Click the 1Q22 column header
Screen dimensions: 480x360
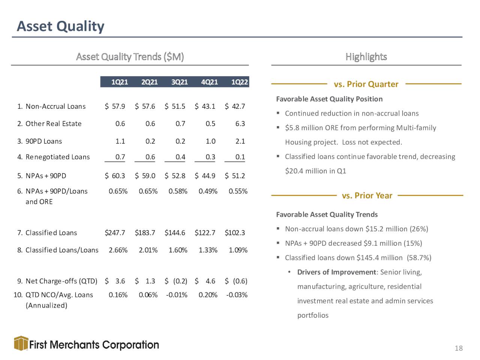pyautogui.click(x=240, y=82)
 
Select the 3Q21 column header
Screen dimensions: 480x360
pyautogui.click(x=180, y=82)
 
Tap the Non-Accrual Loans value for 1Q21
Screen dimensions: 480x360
pyautogui.click(x=115, y=106)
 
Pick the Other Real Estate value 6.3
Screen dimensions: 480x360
pyautogui.click(x=240, y=124)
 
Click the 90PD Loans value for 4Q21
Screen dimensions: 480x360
pyautogui.click(x=211, y=141)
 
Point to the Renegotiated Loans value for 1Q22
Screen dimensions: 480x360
pyautogui.click(x=240, y=157)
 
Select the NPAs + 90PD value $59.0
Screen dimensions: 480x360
pyautogui.click(x=145, y=176)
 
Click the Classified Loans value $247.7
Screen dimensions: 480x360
pyautogui.click(x=115, y=233)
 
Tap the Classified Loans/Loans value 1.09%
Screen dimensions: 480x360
pyautogui.click(x=238, y=250)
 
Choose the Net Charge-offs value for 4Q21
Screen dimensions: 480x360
pyautogui.click(x=205, y=281)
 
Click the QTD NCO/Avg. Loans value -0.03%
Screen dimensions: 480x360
pyautogui.click(x=237, y=295)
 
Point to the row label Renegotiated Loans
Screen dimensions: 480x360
pyautogui.click(x=58, y=157)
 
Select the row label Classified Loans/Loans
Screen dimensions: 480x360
pyautogui.click(x=62, y=250)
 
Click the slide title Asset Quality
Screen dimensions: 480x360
pyautogui.click(x=61, y=27)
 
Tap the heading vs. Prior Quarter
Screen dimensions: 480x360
pyautogui.click(x=366, y=84)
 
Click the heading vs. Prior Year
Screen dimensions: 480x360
pyautogui.click(x=367, y=195)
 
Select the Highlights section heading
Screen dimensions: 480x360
pyautogui.click(x=366, y=57)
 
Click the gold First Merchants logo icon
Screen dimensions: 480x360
pyautogui.click(x=21, y=343)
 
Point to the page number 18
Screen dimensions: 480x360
pyautogui.click(x=459, y=348)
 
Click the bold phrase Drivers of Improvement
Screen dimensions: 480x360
pyautogui.click(x=336, y=272)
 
